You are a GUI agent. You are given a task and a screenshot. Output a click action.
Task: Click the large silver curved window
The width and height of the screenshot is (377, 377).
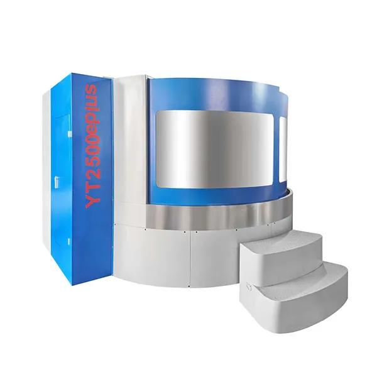(x=215, y=150)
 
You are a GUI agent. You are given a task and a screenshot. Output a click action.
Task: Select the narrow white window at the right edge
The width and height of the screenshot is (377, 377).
(x=283, y=150)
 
